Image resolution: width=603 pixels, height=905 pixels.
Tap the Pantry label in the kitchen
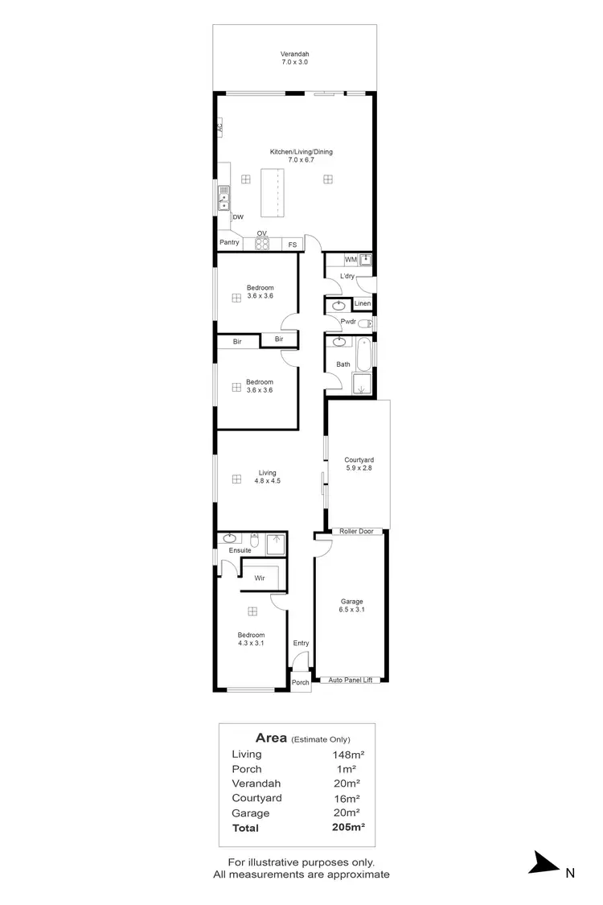point(229,242)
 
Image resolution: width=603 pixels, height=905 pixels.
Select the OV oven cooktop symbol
point(262,243)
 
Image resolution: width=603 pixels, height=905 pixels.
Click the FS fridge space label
point(292,244)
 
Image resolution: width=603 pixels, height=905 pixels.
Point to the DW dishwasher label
point(238,217)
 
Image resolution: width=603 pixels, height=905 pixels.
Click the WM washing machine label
point(350,260)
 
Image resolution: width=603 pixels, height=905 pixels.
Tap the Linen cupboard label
point(363,303)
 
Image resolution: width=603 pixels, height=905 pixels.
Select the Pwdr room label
point(348,322)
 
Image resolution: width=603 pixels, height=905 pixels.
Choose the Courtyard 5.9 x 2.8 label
point(359,463)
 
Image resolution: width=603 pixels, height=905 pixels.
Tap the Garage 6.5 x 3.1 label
point(351,606)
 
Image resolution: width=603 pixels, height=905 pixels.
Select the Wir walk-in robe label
point(260,578)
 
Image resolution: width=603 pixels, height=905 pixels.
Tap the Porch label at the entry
point(300,682)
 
